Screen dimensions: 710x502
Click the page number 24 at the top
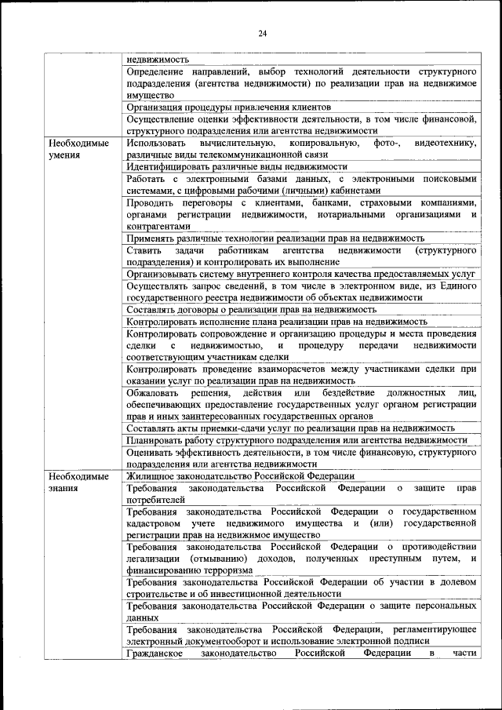pos(262,32)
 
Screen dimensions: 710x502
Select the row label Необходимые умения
pos(78,149)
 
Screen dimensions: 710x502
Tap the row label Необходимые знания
pos(78,482)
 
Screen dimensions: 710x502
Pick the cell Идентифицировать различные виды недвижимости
pos(236,167)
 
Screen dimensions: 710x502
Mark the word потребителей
pos(155,499)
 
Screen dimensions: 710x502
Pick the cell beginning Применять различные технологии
pos(275,238)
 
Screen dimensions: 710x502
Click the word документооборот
pos(230,641)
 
